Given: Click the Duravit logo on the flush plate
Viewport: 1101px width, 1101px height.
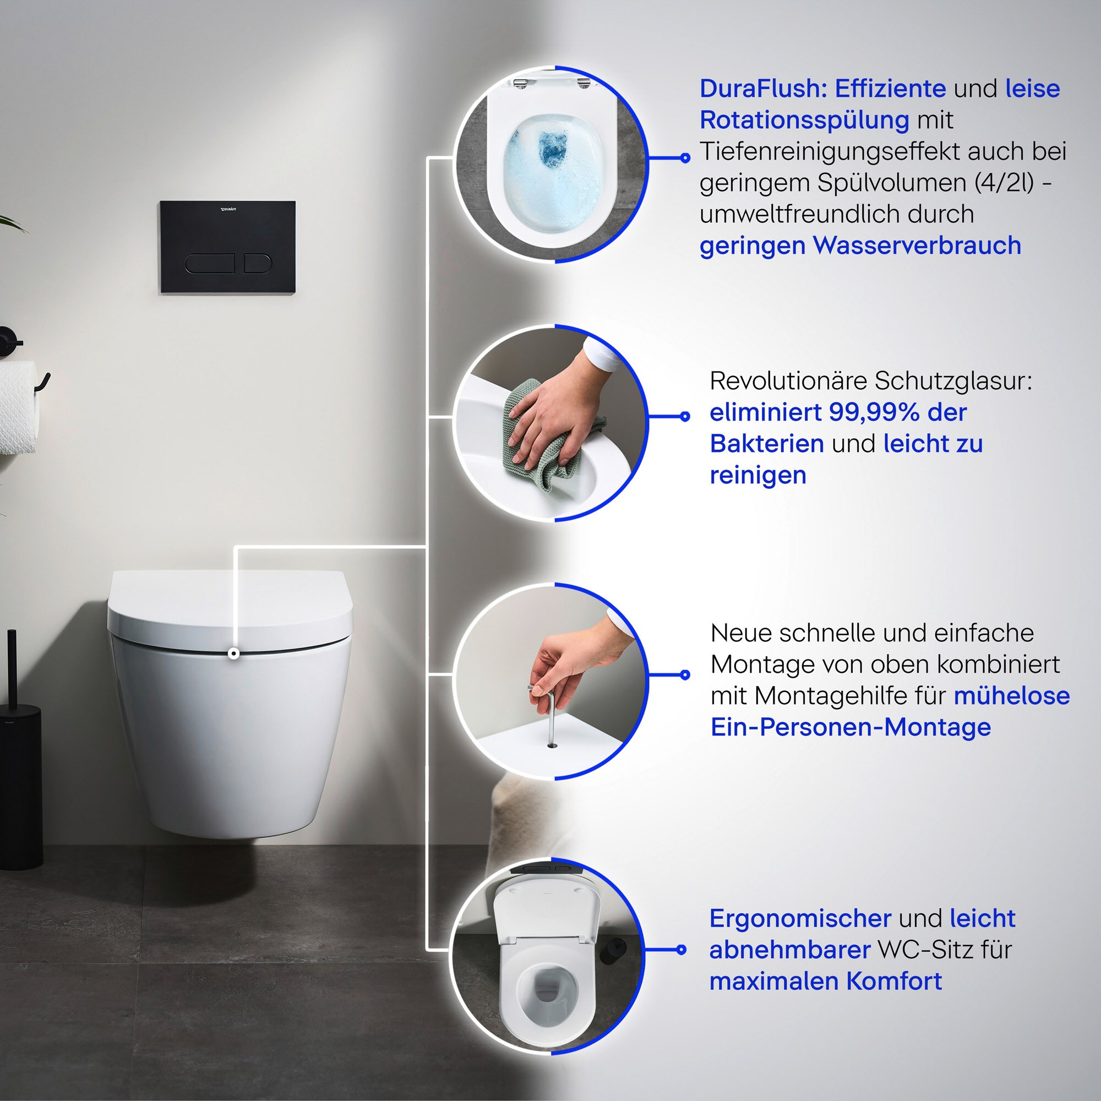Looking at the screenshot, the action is [228, 209].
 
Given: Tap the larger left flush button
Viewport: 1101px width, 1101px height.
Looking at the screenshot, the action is [209, 263].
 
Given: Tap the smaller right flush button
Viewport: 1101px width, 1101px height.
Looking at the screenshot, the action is [258, 263].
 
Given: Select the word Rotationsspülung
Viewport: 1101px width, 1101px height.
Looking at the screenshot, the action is [804, 121].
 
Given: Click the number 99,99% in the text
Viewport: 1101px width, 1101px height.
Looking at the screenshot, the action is [874, 412].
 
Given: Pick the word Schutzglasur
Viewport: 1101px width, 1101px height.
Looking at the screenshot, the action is [953, 381].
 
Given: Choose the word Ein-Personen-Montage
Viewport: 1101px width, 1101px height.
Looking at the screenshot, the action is [851, 727].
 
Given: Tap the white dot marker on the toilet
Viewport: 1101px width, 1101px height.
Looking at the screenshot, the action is [233, 653].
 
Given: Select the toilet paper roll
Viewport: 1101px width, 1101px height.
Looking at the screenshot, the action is [17, 407].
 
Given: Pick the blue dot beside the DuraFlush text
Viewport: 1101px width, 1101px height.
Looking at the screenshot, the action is [685, 158].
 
